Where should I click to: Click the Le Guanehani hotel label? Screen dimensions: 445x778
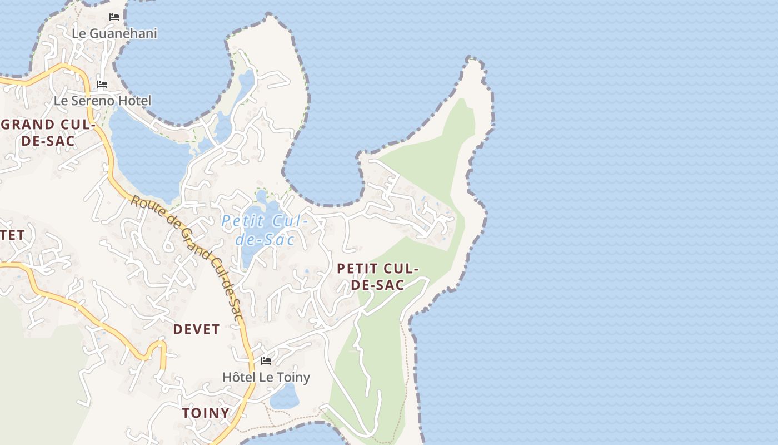click(x=114, y=33)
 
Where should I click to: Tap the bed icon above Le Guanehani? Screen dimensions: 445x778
click(x=114, y=17)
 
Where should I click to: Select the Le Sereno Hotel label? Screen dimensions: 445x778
click(x=102, y=101)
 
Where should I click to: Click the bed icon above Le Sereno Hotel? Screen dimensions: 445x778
click(x=102, y=85)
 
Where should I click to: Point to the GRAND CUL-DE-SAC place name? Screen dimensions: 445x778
click(x=48, y=132)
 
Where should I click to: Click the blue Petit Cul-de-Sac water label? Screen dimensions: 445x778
click(x=265, y=230)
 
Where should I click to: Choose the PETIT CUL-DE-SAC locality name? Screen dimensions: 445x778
click(x=377, y=276)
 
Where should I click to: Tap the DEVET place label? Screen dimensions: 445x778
click(x=196, y=329)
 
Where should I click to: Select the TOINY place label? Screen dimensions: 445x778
click(x=206, y=413)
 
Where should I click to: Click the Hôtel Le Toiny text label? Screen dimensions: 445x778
click(x=266, y=377)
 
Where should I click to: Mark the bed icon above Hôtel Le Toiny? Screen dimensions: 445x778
click(x=266, y=361)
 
